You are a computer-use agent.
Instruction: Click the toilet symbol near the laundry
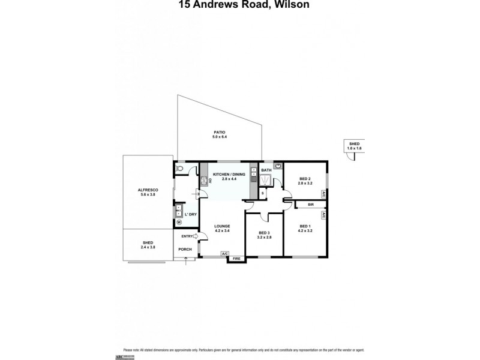[x=181, y=170]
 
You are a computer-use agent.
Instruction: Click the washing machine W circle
[x=179, y=222]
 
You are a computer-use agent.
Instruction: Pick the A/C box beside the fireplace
[x=224, y=254]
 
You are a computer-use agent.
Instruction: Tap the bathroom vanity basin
[x=278, y=167]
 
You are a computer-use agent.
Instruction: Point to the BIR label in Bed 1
[x=311, y=205]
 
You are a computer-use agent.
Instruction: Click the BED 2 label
[x=305, y=179]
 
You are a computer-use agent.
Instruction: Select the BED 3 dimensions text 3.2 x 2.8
[x=265, y=238]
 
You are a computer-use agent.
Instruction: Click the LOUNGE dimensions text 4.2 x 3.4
[x=223, y=231]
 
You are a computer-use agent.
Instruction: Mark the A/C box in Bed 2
[x=323, y=194]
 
